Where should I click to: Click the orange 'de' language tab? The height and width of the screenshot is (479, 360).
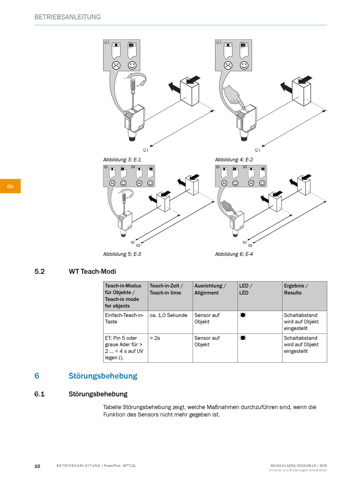pos(10,186)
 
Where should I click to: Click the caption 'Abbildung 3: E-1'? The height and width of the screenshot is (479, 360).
pos(122,160)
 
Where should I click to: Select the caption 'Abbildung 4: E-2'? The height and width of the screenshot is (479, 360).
pos(234,160)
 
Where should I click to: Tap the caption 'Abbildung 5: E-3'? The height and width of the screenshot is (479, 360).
pos(122,254)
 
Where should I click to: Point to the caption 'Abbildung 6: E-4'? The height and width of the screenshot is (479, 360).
pos(234,254)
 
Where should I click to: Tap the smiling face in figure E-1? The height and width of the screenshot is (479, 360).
pos(132,65)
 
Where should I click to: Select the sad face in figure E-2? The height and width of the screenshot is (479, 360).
pos(228,65)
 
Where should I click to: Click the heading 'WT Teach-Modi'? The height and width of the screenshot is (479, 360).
pos(92,271)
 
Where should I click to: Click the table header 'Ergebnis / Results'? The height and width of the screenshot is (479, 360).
pos(296,289)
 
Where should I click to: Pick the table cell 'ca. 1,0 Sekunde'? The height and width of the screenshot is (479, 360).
pos(168,315)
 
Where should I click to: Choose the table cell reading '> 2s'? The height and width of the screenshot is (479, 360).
pos(155,338)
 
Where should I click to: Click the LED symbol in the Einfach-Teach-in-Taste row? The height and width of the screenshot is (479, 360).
pos(243,315)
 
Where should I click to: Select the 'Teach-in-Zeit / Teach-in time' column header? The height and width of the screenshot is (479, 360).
pos(166,289)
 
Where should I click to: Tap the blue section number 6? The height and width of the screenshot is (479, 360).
pos(37,376)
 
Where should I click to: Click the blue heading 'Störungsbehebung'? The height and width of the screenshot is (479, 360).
pos(103,376)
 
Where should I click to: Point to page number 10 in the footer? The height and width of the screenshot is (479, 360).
pos(37,466)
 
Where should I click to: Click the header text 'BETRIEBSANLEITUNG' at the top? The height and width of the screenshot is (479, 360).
pos(67,17)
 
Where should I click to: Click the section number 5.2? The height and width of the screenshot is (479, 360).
pos(39,271)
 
